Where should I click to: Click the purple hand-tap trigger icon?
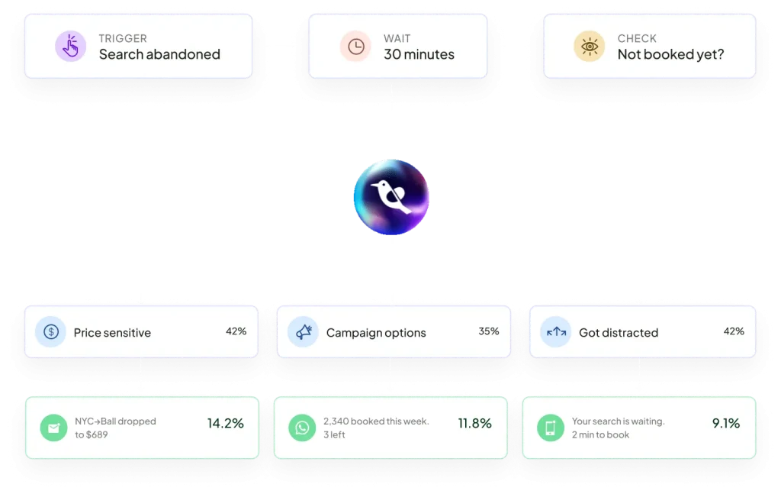click(71, 47)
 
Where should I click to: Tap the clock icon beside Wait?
click(355, 47)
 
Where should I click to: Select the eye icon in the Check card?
click(590, 47)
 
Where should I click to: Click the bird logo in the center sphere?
click(391, 197)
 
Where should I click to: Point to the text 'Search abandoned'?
click(159, 54)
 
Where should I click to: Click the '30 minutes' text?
click(419, 54)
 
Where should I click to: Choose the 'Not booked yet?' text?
click(670, 54)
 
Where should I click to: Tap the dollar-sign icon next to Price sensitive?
click(51, 332)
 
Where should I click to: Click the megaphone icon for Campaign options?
click(304, 332)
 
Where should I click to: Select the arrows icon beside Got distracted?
click(556, 332)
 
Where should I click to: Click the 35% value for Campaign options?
click(489, 331)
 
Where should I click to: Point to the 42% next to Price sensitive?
click(236, 331)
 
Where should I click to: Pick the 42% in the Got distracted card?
click(734, 331)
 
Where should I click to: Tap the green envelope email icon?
click(54, 428)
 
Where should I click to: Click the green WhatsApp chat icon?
click(302, 428)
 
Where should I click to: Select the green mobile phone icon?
click(551, 428)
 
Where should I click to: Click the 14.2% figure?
click(225, 423)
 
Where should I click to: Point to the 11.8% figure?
click(474, 423)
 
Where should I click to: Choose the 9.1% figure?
click(726, 423)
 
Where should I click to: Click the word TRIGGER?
click(123, 38)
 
